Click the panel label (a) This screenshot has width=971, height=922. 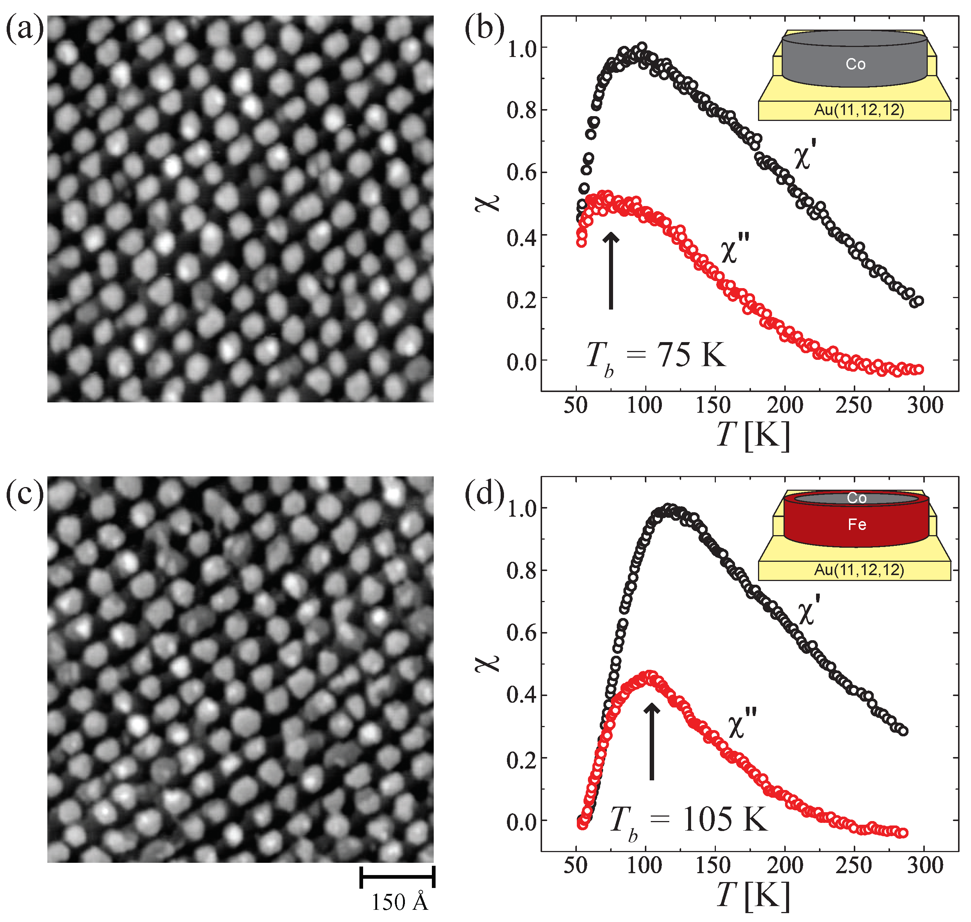pyautogui.click(x=24, y=30)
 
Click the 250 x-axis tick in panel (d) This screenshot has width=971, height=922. pyautogui.click(x=854, y=866)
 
